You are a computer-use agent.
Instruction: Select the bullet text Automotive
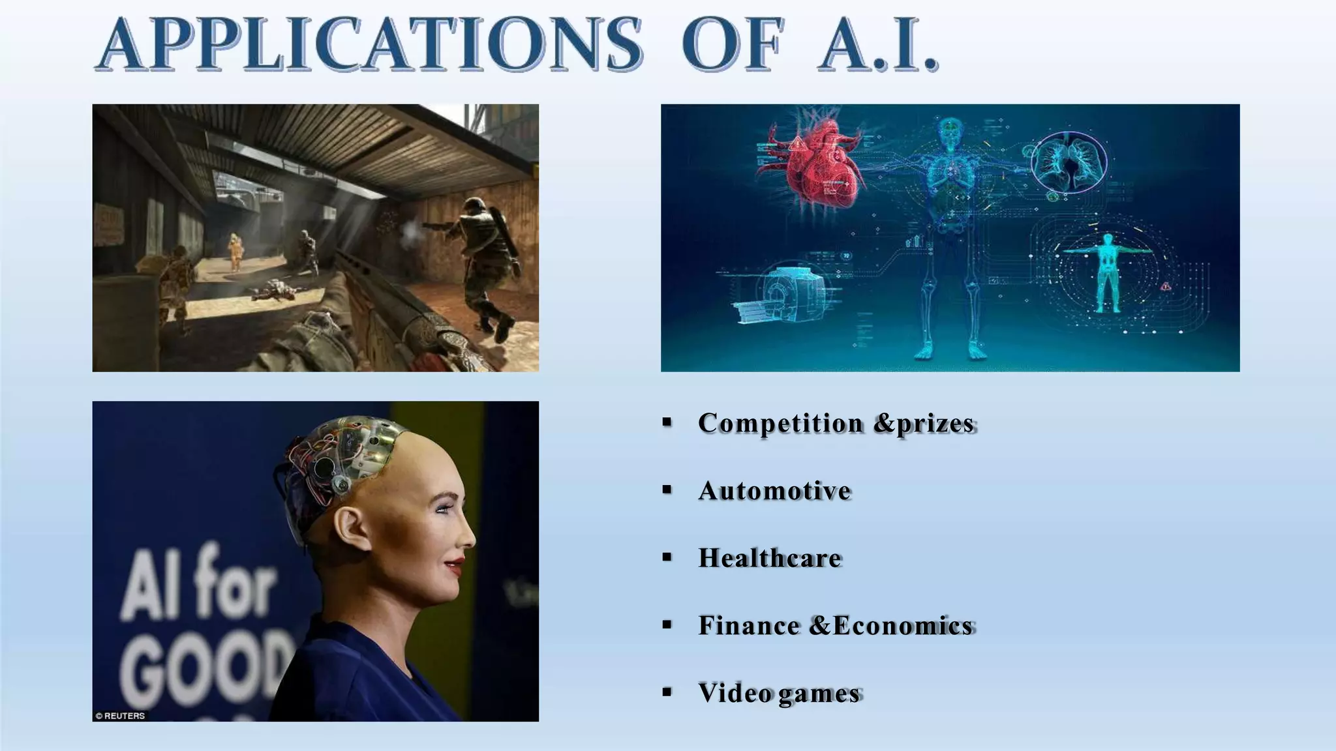click(774, 491)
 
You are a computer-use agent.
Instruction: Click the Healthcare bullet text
click(770, 558)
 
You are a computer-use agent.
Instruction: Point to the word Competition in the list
click(780, 423)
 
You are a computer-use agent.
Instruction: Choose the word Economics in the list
click(903, 626)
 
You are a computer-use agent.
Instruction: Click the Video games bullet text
click(779, 693)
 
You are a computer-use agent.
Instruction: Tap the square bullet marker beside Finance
click(667, 625)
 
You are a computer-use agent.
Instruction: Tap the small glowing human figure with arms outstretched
click(1106, 271)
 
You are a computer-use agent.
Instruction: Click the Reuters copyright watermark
click(121, 716)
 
